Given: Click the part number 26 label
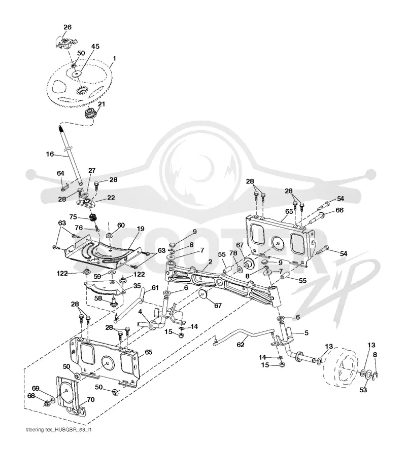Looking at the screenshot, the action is (67, 27).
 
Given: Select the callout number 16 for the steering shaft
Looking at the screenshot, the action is (50, 154).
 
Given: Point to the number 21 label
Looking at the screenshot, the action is (101, 104).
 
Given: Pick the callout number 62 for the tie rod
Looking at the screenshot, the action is (240, 344).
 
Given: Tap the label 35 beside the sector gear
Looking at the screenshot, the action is (137, 286).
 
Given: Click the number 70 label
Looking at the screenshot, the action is (90, 399).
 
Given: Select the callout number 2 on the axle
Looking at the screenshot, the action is (210, 261).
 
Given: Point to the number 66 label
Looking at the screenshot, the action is (340, 210).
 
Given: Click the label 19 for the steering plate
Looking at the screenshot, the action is (141, 229).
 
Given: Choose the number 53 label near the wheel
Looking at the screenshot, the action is (363, 390).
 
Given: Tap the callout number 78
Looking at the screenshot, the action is (233, 253).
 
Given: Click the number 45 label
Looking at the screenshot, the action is (95, 46).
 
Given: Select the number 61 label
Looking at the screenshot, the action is (155, 287).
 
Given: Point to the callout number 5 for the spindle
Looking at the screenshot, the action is (307, 332).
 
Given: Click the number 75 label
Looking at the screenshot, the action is (73, 216).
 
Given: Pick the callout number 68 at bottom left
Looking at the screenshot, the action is (31, 396).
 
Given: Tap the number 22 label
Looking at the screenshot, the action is (111, 198).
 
